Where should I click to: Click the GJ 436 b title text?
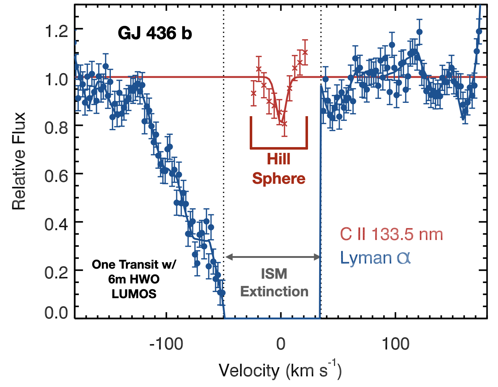pos(155,33)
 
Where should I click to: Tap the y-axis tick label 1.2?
pos(56,31)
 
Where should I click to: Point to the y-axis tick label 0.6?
pos(56,176)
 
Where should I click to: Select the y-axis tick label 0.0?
pos(56,313)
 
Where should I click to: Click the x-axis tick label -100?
pos(166,344)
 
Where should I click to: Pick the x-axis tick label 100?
pos(395,344)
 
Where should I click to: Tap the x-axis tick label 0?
pos(281,344)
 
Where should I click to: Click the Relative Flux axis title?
pos(19,161)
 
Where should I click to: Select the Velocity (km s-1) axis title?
pos(280,370)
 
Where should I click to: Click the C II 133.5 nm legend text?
pos(391,235)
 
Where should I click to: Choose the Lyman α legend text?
pos(375,258)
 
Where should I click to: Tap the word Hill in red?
pos(279,159)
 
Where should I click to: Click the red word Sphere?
pos(279,178)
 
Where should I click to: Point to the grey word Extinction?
pos(274,291)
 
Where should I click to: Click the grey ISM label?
pos(274,274)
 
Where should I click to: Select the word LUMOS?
pos(134,294)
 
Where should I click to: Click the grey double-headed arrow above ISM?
pos(272,257)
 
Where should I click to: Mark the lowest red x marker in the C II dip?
pos(285,124)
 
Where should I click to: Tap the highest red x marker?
pos(305,52)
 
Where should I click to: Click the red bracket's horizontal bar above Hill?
pos(279,148)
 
